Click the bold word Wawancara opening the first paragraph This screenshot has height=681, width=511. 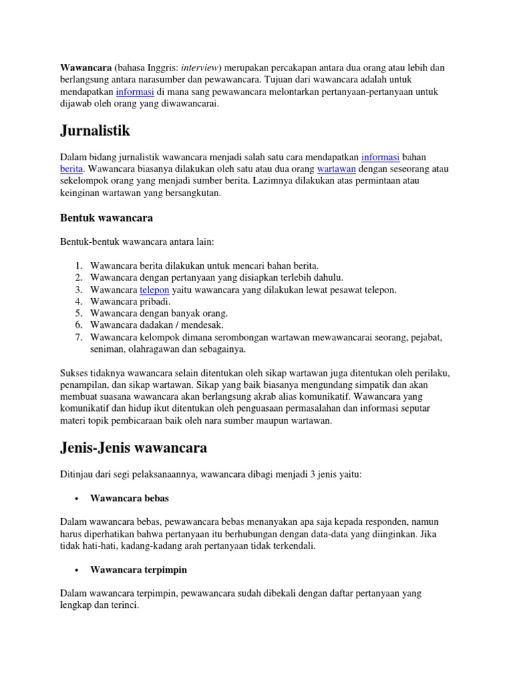click(85, 68)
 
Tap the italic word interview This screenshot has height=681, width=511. click(198, 68)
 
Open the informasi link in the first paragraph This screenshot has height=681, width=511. click(136, 91)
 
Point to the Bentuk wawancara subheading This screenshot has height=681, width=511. click(106, 217)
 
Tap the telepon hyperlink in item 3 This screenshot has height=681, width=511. click(155, 290)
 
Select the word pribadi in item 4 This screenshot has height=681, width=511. click(154, 301)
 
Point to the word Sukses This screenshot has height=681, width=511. click(75, 374)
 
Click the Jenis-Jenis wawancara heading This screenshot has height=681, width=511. click(133, 449)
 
